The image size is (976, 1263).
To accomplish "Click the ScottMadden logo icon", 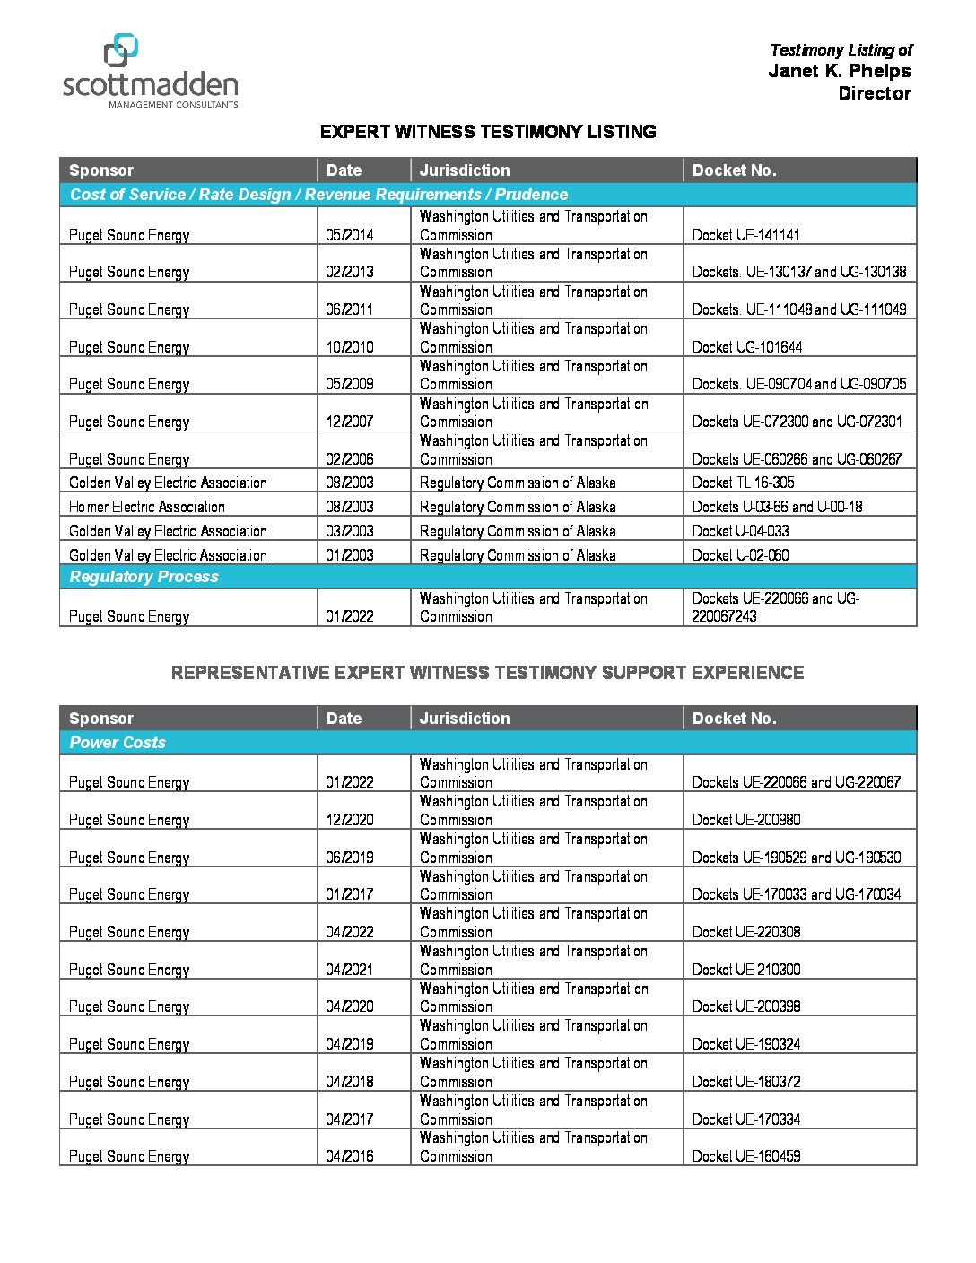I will pos(121,50).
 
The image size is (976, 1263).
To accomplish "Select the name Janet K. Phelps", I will pos(839,71).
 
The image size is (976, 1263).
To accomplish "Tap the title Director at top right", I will pos(874,93).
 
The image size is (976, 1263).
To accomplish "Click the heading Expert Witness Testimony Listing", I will pos(488,132).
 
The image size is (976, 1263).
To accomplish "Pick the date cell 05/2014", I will pos(350,235).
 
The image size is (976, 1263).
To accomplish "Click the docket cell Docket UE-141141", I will pos(745,235).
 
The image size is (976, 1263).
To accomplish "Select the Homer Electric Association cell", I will pos(147,507).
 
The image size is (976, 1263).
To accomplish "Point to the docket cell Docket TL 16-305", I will pos(743,483).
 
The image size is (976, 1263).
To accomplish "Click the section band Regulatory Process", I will pos(144,577).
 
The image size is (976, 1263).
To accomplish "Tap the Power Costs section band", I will pos(118,743).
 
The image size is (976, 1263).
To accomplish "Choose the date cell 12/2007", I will pos(350,422).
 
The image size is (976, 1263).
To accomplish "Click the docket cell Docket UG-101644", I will pos(747,347).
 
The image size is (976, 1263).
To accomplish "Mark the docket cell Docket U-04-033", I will pos(740,531).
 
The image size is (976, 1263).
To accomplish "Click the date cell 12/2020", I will pos(350,820).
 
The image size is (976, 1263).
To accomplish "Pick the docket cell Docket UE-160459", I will pos(746,1156).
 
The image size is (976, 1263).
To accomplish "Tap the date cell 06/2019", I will pos(350,858).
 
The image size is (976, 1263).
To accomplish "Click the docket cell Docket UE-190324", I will pos(746,1044).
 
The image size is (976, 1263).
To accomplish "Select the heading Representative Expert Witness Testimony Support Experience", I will pos(487,673).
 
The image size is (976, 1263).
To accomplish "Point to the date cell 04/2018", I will pos(350,1082).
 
